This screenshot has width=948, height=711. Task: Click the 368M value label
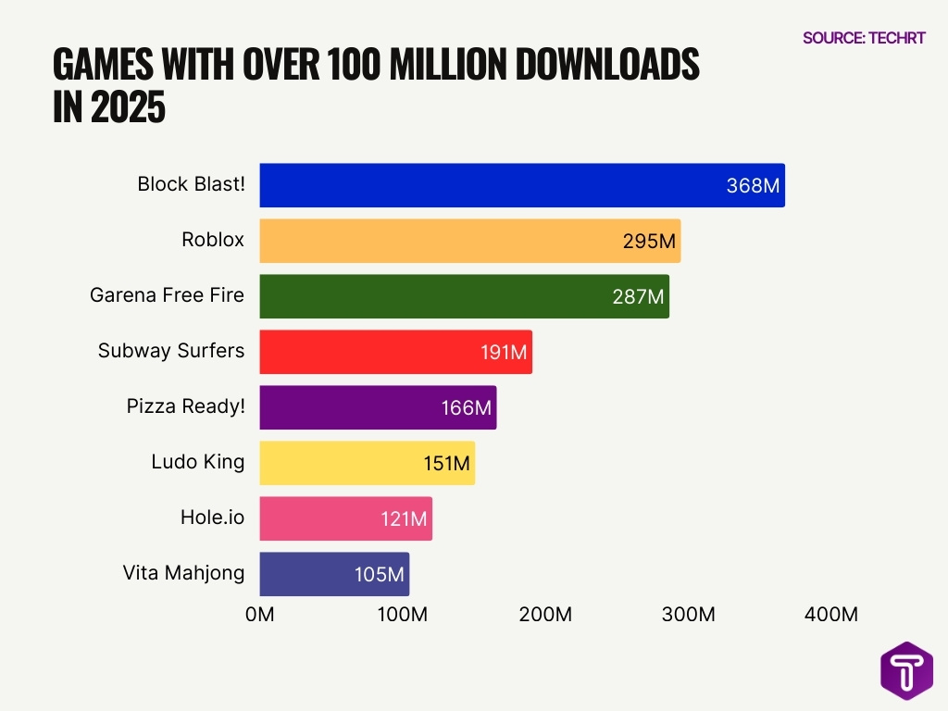coord(753,186)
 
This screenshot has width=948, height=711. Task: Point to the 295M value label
coord(649,242)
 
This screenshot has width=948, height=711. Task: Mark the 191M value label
coord(504,353)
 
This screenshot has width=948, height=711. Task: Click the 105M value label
coord(380,575)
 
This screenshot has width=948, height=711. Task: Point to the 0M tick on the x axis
coord(260,614)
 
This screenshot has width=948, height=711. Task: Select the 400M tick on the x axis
coord(830,614)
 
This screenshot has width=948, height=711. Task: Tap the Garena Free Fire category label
coord(167,295)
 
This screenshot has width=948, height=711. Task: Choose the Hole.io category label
coord(212,518)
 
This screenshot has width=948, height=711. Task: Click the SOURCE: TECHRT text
coord(864,38)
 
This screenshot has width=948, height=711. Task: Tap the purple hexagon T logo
coord(906,670)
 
